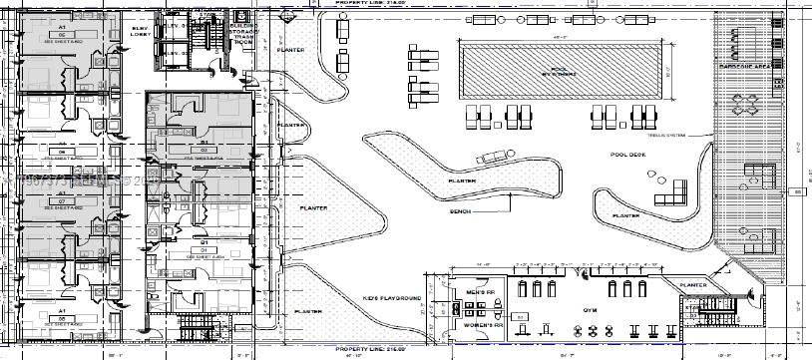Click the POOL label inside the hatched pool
561,70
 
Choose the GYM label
590,310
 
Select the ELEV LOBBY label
139,31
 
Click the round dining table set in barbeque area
743,105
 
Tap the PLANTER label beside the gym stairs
692,285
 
